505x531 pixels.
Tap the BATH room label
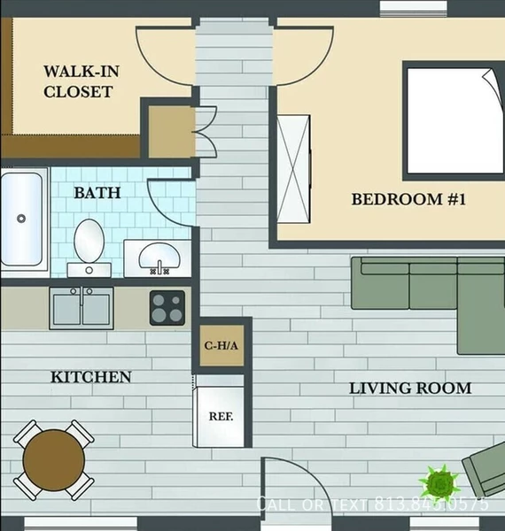(x=97, y=192)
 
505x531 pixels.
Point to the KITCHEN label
(x=90, y=377)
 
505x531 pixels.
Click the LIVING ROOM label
(x=409, y=388)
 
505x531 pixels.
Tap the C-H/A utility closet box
(x=221, y=346)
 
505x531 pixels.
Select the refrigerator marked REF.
(x=219, y=412)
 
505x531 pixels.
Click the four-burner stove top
(x=167, y=308)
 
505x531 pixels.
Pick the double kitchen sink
(x=82, y=307)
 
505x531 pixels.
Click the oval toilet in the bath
(x=89, y=242)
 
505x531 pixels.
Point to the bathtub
(x=22, y=219)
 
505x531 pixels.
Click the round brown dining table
(x=54, y=459)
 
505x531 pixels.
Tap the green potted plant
(x=440, y=483)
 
